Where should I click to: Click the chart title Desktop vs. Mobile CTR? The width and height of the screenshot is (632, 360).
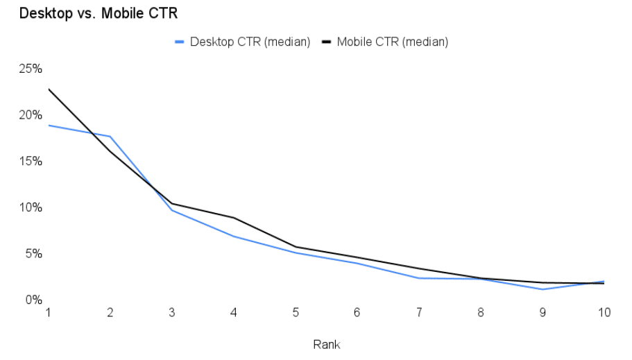(x=88, y=12)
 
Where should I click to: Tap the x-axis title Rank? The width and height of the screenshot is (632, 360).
(x=326, y=344)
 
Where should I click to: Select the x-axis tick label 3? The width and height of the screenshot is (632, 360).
(x=172, y=313)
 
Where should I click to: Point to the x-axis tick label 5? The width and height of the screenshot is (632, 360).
(x=296, y=313)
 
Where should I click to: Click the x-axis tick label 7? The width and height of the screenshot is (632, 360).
(x=419, y=313)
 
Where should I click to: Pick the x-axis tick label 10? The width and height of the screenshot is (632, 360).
(x=604, y=313)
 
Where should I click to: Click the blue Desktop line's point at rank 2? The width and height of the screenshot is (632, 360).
(x=110, y=137)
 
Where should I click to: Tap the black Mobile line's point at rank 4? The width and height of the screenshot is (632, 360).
(x=234, y=218)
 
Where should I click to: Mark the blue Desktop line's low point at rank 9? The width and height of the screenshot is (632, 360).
(x=543, y=289)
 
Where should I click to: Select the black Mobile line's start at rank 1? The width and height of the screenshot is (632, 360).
(x=49, y=89)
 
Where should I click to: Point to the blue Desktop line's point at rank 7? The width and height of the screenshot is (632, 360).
(x=419, y=278)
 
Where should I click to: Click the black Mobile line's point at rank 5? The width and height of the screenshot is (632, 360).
(x=296, y=247)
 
